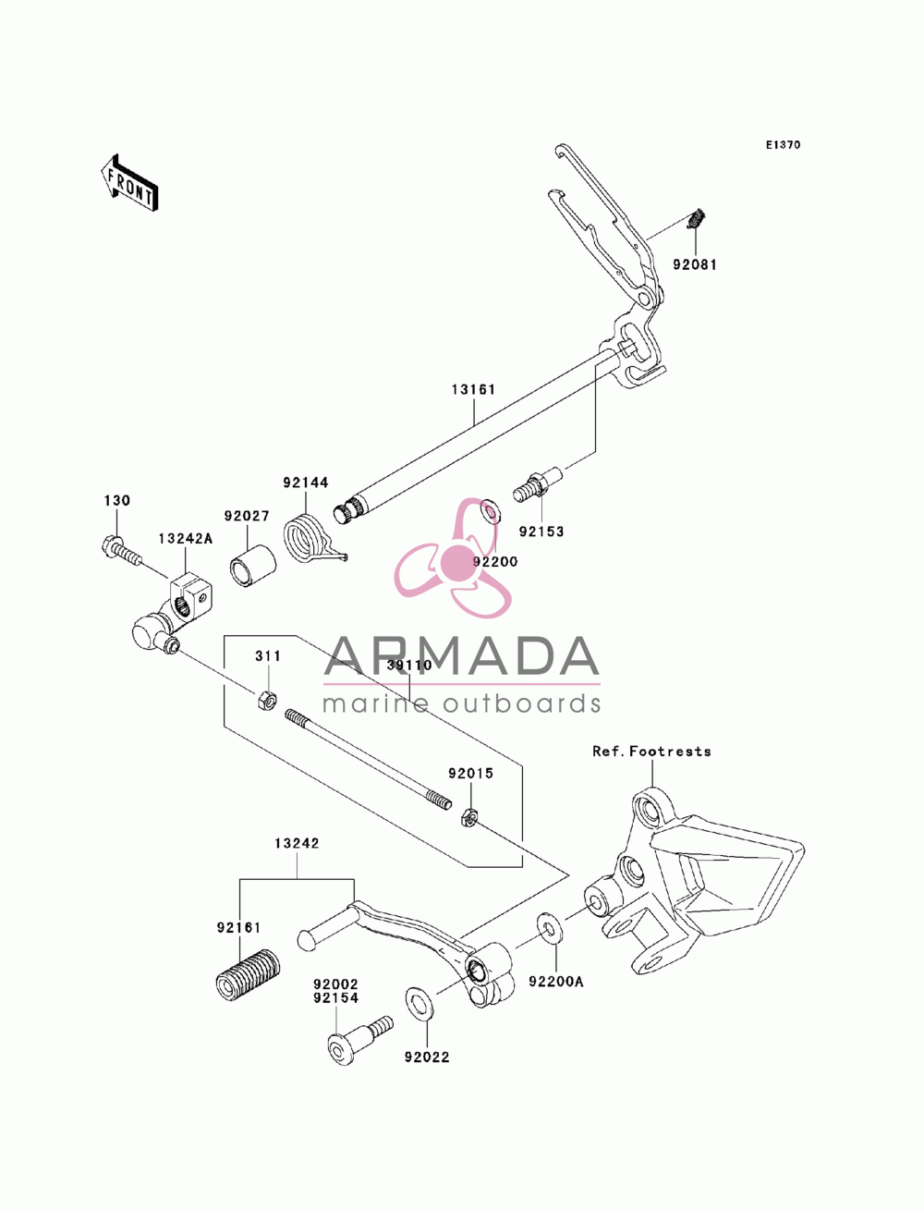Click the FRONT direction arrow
click(x=129, y=182)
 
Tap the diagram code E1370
click(x=783, y=145)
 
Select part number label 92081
click(x=695, y=264)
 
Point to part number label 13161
click(x=473, y=389)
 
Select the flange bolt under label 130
click(x=121, y=553)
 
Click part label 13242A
click(x=185, y=538)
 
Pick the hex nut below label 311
click(x=267, y=701)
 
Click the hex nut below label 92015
click(x=468, y=816)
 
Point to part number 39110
click(x=409, y=666)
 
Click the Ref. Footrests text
click(x=651, y=752)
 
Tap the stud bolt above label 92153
click(x=537, y=484)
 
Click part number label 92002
click(x=335, y=984)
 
